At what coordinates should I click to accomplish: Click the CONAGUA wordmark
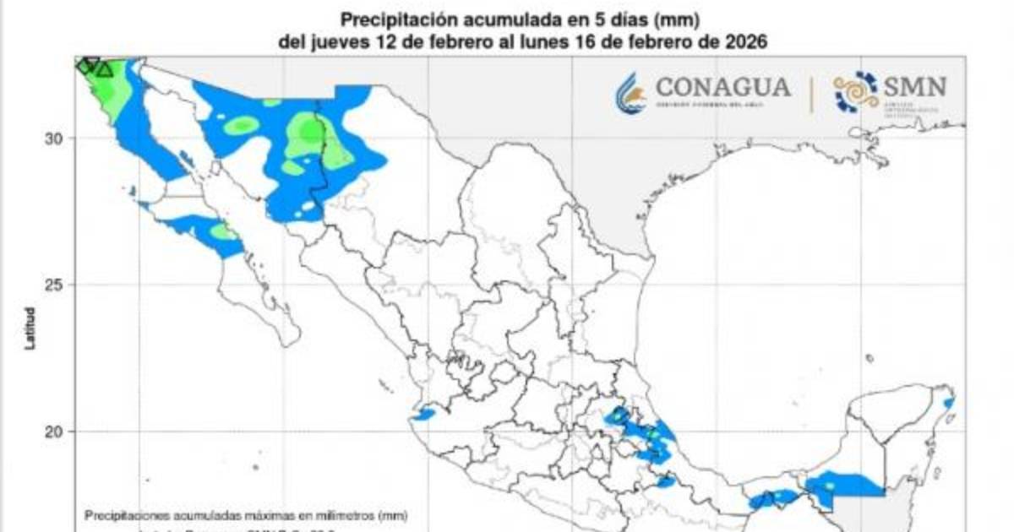tap(723, 87)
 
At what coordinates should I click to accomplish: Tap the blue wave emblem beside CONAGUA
tap(630, 91)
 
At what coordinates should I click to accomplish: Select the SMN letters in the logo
tap(915, 86)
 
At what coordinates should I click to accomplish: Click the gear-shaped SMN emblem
tap(855, 91)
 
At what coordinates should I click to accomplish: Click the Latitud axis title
tap(30, 329)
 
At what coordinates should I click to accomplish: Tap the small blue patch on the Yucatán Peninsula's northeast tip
tap(949, 403)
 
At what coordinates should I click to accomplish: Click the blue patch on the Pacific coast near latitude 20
tap(422, 415)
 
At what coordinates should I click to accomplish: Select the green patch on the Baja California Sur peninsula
tap(223, 231)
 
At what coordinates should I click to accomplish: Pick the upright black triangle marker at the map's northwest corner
tap(104, 69)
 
